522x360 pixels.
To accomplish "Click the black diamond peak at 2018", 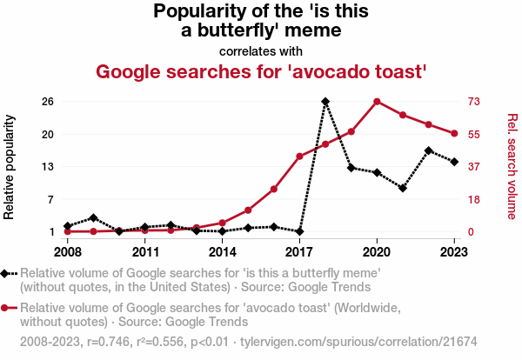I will (325, 102).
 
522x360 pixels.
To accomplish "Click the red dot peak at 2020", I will (377, 102).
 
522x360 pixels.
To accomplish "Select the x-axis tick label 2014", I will (223, 251).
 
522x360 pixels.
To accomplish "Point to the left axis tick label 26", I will (48, 102).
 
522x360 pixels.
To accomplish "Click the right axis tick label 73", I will (475, 102).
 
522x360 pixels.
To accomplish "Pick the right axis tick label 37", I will (475, 166).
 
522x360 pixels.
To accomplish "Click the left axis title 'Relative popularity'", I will (11, 166).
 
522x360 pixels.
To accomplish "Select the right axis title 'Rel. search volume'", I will (512, 166).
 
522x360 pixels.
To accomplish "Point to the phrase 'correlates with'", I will (261, 50).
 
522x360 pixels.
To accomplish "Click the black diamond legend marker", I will (7, 273).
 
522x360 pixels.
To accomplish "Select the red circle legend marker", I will (7, 308).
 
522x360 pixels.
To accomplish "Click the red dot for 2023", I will (455, 133).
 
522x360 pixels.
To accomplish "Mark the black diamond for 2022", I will (429, 150).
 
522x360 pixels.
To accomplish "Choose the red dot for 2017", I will (299, 157).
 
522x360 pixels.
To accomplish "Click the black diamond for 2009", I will (93, 217).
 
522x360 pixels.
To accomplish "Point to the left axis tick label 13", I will (48, 166).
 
